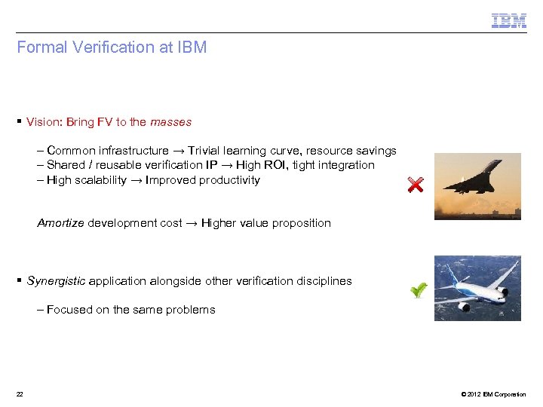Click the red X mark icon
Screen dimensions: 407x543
(x=415, y=185)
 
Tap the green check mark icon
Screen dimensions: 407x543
(x=419, y=289)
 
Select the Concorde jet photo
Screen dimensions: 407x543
(x=477, y=186)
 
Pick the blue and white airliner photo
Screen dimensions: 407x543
(x=477, y=288)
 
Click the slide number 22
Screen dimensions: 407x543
(x=20, y=394)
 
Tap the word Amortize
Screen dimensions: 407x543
(x=60, y=223)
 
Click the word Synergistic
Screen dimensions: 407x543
(x=57, y=281)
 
